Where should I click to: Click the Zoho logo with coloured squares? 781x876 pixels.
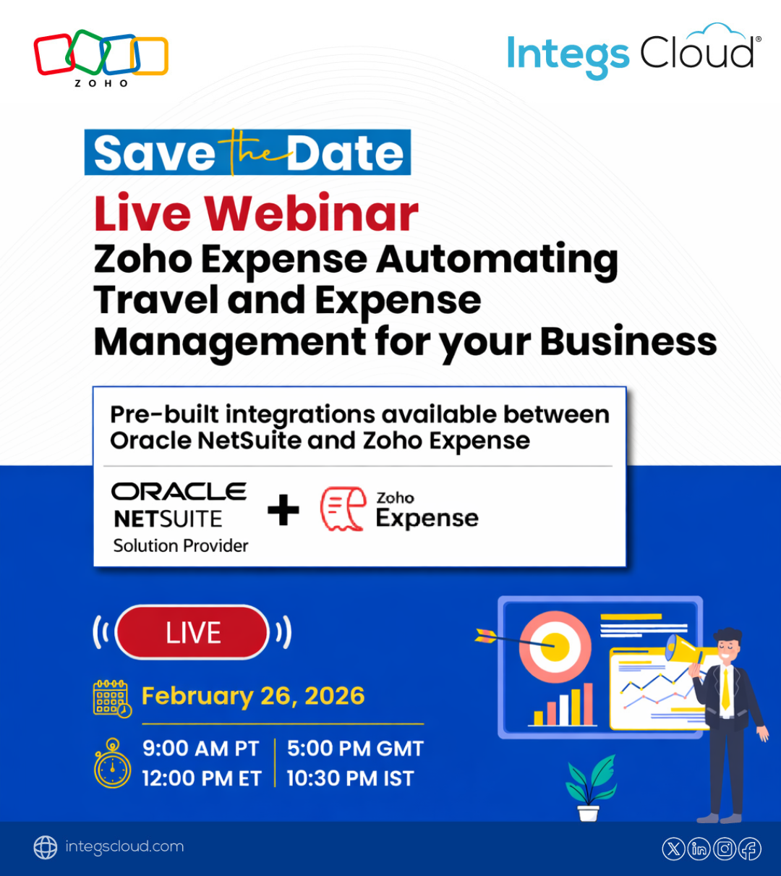pos(101,57)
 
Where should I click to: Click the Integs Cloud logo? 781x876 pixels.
pos(633,51)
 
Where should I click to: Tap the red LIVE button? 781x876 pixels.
pos(192,632)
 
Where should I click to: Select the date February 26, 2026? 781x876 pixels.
pos(253,696)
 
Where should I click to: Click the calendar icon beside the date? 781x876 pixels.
pos(112,699)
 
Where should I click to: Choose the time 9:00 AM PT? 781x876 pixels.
pos(200,749)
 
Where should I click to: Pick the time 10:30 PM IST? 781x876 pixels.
pos(350,778)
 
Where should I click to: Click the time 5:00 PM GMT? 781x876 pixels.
pos(355,749)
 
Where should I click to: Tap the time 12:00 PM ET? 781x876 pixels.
pos(202,778)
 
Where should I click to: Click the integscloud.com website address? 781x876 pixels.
pos(124,846)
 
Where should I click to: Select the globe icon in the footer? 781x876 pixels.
pos(46,848)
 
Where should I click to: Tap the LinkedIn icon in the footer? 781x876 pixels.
pos(699,849)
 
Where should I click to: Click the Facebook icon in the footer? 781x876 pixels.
pos(750,849)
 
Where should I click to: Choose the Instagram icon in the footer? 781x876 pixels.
pos(725,849)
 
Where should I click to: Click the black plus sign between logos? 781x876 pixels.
pos(283,510)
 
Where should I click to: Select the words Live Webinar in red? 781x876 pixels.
pos(256,213)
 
